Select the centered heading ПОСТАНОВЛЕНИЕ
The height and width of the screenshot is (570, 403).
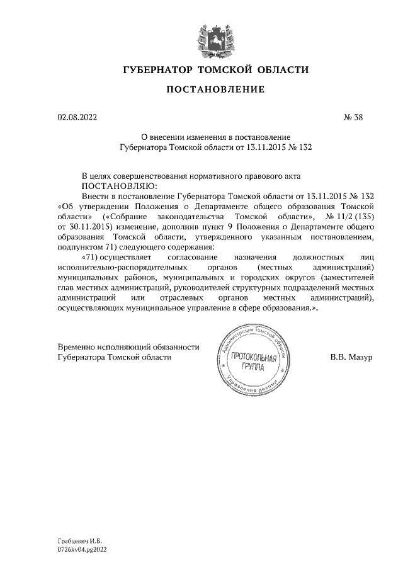tap(215, 90)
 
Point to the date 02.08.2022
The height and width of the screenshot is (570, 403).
tap(77, 117)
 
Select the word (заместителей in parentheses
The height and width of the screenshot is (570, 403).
tap(347, 276)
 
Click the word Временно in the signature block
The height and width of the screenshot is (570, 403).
tap(76, 347)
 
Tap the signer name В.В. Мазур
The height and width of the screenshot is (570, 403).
tap(351, 357)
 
